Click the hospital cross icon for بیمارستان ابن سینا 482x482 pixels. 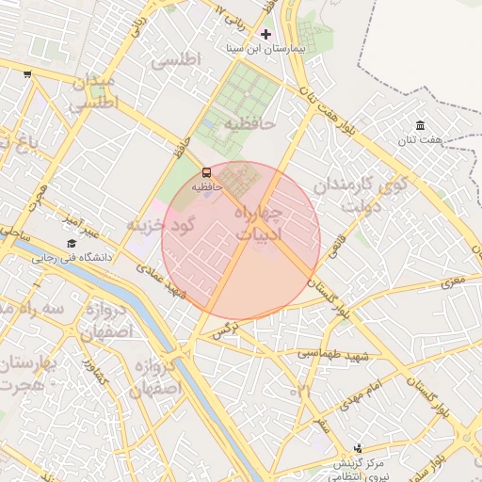pos(265,34)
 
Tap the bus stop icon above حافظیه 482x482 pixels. pos(207,172)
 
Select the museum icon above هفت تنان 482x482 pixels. pos(420,126)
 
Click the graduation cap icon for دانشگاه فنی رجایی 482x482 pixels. pos(71,243)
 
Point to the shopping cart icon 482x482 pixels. pos(27,74)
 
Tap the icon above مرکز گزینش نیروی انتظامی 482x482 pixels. pos(358,449)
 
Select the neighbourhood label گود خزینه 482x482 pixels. pos(160,225)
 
